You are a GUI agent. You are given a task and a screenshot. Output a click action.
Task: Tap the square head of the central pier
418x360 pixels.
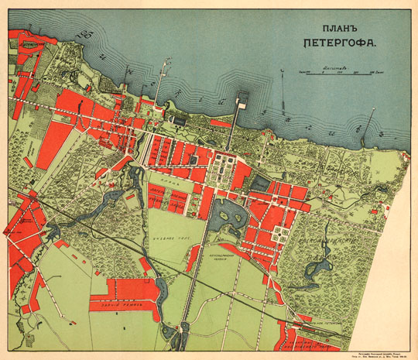240,98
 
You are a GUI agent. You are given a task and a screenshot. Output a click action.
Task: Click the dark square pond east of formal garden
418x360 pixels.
261,183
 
